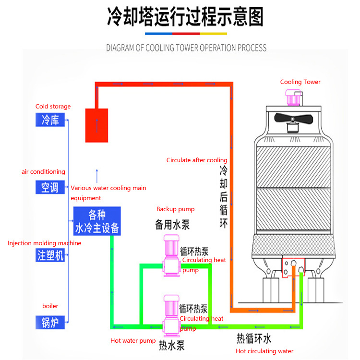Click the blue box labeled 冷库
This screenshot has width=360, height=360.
tap(50, 120)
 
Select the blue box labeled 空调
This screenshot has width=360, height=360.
tap(50, 187)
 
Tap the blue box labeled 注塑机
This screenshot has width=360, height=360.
tap(50, 255)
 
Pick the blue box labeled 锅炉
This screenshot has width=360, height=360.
tap(50, 322)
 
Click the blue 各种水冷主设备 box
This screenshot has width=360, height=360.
tap(97, 221)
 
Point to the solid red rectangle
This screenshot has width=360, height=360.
tap(96, 125)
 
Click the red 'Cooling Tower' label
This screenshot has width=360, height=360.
tap(300, 82)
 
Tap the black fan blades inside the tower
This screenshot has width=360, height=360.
tap(292, 119)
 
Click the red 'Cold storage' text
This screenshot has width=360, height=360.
tap(53, 107)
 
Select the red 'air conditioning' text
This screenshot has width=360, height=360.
tap(43, 172)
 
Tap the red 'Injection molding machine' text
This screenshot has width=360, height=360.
tap(44, 243)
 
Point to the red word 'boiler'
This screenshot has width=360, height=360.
tap(50, 306)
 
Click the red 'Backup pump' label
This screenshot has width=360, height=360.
tap(175, 209)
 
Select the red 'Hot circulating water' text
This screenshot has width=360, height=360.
tap(264, 351)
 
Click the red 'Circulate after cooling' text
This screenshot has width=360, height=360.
tap(197, 160)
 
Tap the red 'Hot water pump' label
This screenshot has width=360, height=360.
tap(133, 341)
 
